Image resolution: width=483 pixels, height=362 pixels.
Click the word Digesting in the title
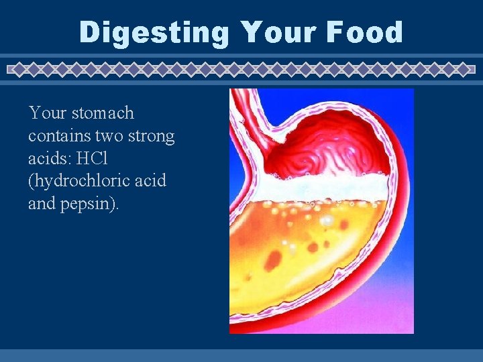(154, 33)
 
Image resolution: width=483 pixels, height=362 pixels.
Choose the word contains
(60, 136)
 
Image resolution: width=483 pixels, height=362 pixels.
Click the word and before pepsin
(42, 203)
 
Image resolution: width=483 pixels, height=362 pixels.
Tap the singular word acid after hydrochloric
(149, 181)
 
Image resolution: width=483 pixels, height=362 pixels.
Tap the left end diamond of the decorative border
(13, 68)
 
